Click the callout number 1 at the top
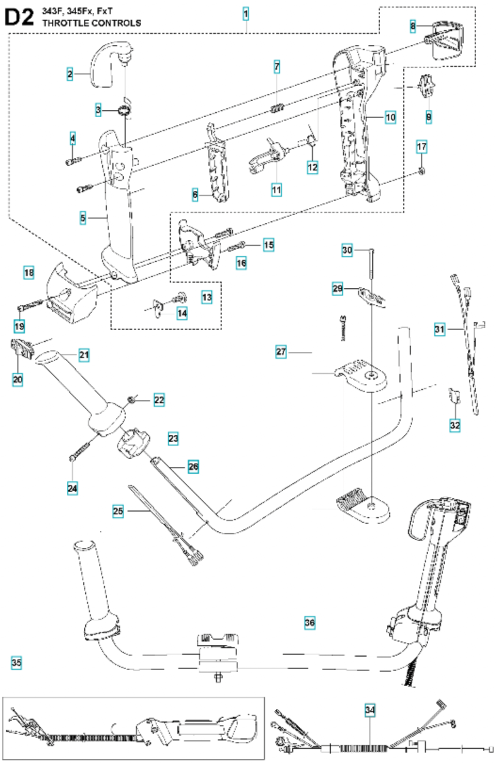(246, 14)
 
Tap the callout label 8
(413, 26)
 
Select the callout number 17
(422, 147)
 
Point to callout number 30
(347, 251)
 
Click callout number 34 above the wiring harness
(370, 707)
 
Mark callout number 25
(118, 511)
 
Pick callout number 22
(159, 400)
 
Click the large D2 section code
(19, 17)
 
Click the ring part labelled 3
(125, 111)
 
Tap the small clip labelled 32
(455, 395)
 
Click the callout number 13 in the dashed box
(207, 297)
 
